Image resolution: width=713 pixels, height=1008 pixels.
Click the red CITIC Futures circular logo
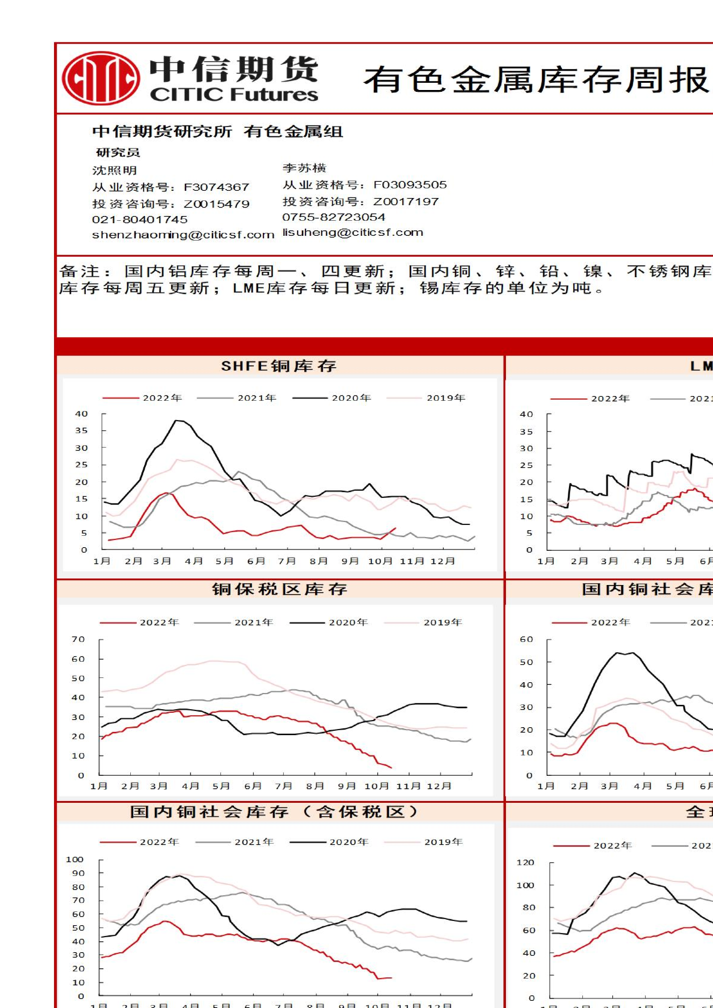pyautogui.click(x=101, y=78)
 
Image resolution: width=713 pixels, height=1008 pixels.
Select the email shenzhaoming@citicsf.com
pyautogui.click(x=183, y=235)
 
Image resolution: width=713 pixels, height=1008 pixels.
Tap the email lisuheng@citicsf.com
pyautogui.click(x=353, y=232)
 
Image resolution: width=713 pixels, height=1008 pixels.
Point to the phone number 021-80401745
pyautogui.click(x=140, y=220)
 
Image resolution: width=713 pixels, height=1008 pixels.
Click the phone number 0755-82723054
pyautogui.click(x=334, y=217)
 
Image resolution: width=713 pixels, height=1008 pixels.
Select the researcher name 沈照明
pyautogui.click(x=115, y=170)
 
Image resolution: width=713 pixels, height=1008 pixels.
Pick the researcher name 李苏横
pyautogui.click(x=304, y=168)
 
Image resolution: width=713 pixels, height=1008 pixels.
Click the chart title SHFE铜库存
pyautogui.click(x=278, y=366)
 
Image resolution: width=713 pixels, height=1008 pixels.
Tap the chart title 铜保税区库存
pyautogui.click(x=280, y=589)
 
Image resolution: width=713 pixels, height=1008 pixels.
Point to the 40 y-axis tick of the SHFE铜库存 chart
pyautogui.click(x=82, y=414)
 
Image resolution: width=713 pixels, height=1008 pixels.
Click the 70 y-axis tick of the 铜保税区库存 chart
pyautogui.click(x=79, y=639)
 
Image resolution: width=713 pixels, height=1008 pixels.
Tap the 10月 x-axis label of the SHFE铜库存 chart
pyautogui.click(x=380, y=561)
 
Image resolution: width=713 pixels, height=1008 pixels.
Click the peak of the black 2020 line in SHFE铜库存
pyautogui.click(x=177, y=421)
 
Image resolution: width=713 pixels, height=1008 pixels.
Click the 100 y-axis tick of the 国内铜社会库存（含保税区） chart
pyautogui.click(x=75, y=859)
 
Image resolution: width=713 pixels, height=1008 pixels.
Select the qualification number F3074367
pyautogui.click(x=216, y=187)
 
